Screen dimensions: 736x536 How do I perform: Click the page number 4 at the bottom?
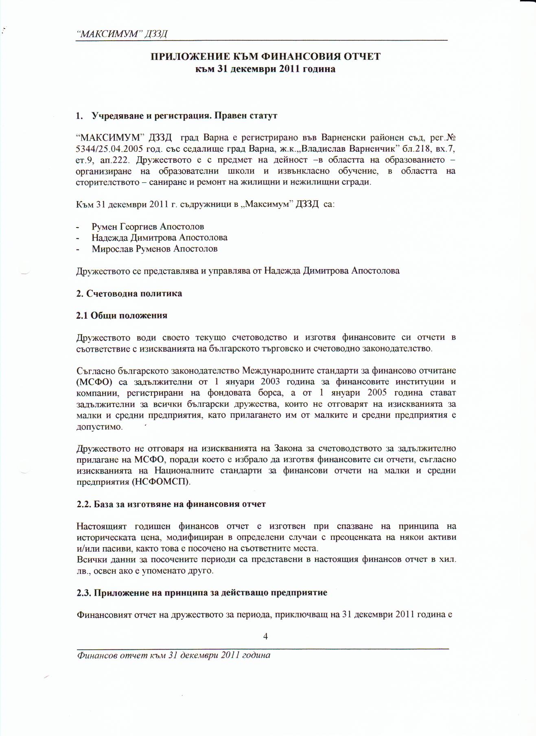pos(265,637)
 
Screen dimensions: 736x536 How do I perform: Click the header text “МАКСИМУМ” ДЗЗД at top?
pos(122,34)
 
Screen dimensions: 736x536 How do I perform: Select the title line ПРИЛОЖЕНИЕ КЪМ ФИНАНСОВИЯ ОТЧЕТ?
pos(266,57)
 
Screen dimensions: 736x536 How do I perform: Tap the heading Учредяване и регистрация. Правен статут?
pos(184,116)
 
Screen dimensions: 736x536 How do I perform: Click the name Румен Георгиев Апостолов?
pos(148,227)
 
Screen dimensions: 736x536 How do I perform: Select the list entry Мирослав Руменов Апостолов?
pos(154,249)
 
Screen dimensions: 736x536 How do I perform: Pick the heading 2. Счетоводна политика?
pos(129,294)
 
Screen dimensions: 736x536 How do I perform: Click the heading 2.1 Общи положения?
pos(122,315)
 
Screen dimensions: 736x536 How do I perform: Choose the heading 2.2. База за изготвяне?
pos(171,504)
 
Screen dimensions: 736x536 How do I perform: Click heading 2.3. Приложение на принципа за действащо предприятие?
pos(202,592)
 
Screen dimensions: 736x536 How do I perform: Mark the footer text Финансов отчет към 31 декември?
pos(173,655)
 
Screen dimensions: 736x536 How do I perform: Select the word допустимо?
pos(99,427)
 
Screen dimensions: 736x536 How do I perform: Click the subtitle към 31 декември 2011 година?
pos(265,69)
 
